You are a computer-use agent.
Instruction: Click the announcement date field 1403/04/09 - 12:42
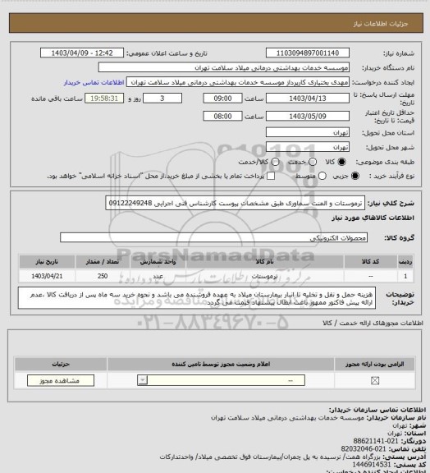83,53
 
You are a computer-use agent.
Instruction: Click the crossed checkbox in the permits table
376,380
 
